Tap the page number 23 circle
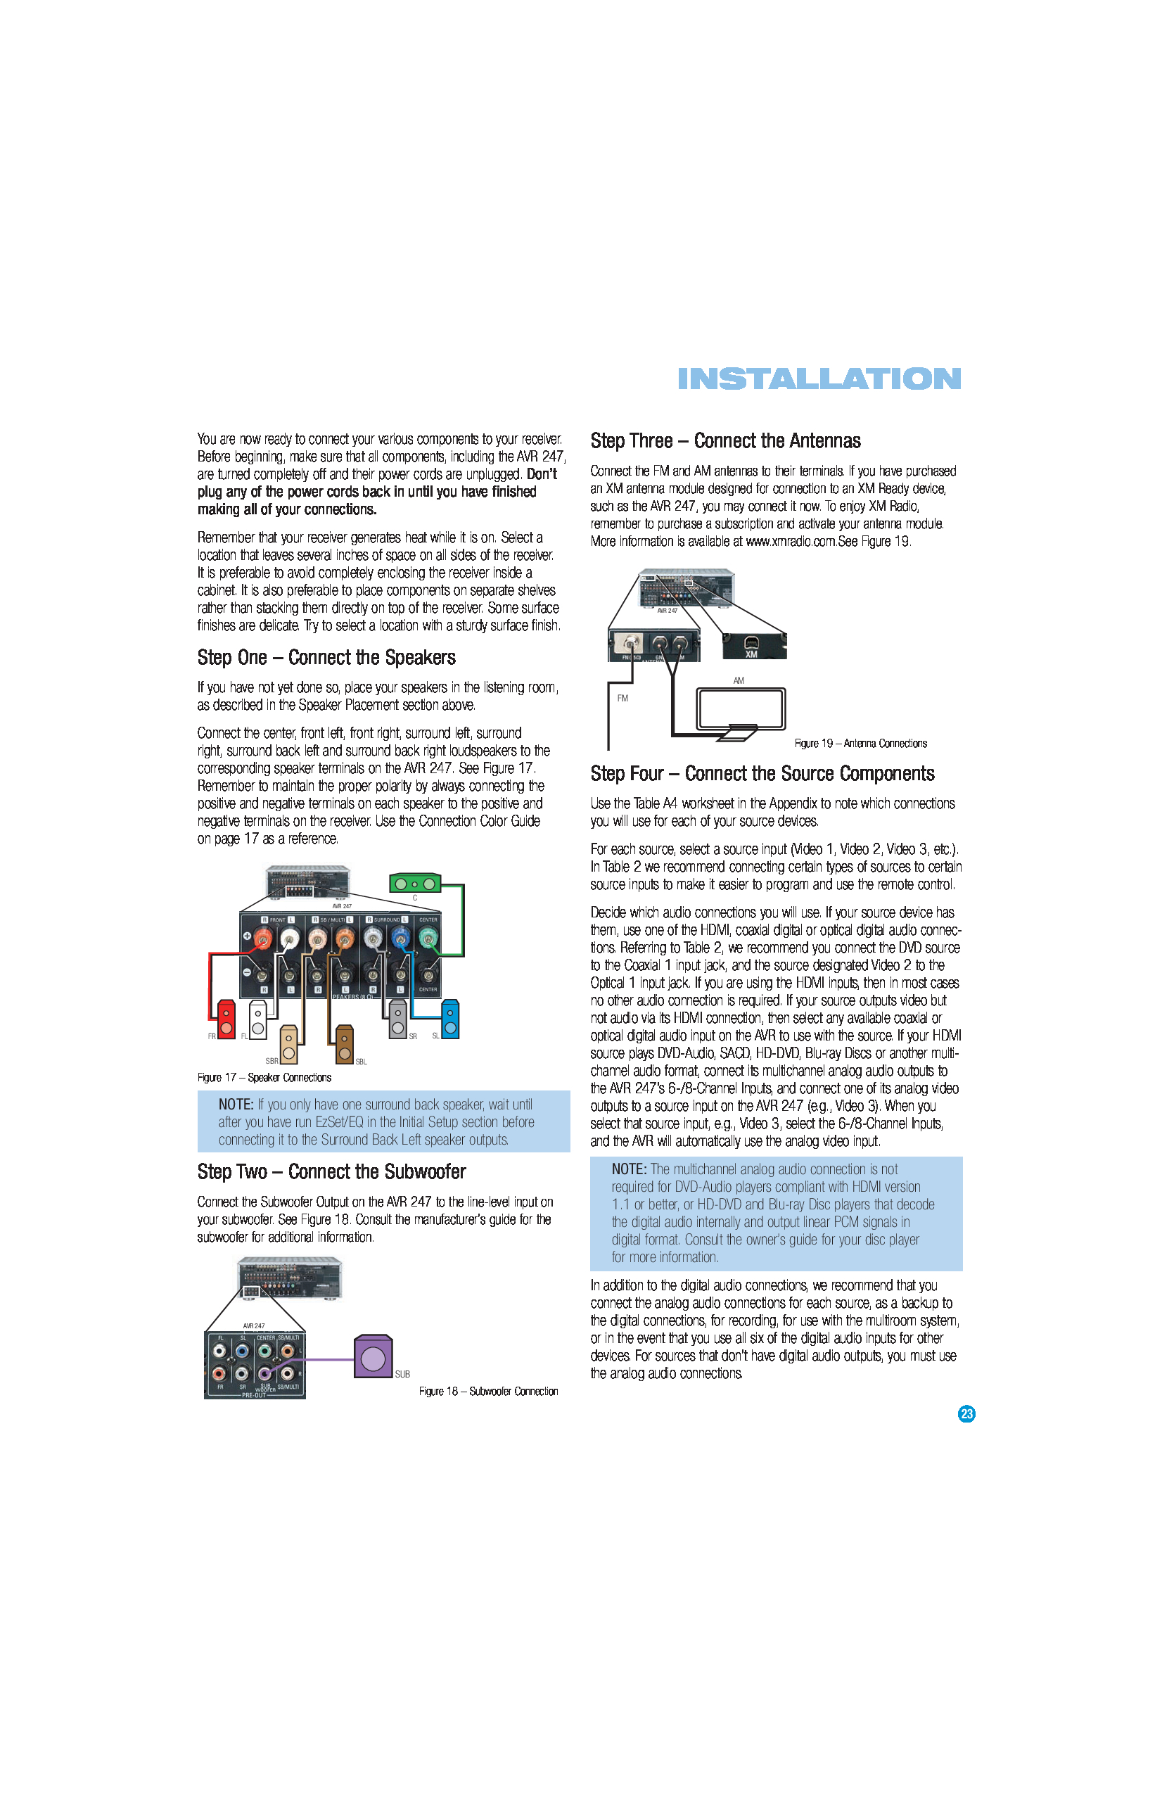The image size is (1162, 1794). pyautogui.click(x=966, y=1414)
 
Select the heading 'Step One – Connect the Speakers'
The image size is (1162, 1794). pyautogui.click(x=326, y=657)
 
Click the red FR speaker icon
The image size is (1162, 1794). pyautogui.click(x=225, y=1020)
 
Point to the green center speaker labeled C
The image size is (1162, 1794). pyautogui.click(x=414, y=884)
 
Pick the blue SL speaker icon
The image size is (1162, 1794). pyautogui.click(x=450, y=1020)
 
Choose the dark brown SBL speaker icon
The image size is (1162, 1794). pyautogui.click(x=345, y=1045)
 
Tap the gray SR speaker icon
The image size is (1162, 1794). pyautogui.click(x=398, y=1020)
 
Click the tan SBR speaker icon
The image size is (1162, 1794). pyautogui.click(x=288, y=1045)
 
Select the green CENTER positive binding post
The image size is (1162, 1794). pyautogui.click(x=427, y=937)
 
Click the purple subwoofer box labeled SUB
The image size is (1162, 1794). pyautogui.click(x=373, y=1357)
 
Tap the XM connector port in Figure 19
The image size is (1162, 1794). pyautogui.click(x=751, y=643)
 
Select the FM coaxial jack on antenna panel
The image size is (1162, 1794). pyautogui.click(x=628, y=643)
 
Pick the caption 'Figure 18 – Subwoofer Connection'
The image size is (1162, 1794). pyautogui.click(x=488, y=1392)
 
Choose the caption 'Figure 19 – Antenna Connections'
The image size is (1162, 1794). pyautogui.click(x=860, y=743)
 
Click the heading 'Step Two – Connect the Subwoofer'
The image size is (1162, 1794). pyautogui.click(x=331, y=1171)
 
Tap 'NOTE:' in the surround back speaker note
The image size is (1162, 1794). pyautogui.click(x=236, y=1105)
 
